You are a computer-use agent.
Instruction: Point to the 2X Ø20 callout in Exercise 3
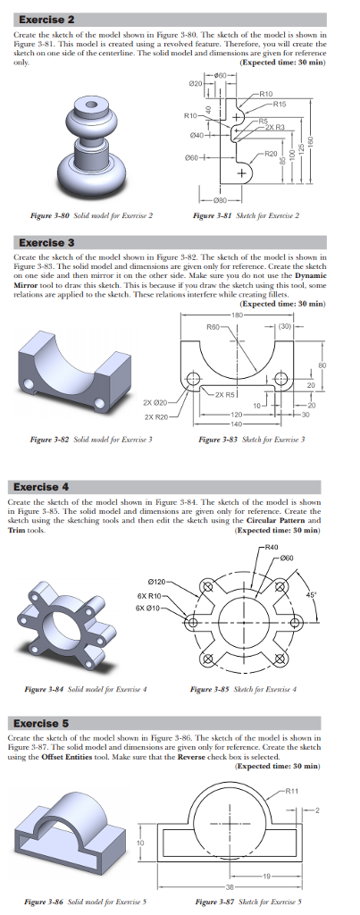coord(157,403)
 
